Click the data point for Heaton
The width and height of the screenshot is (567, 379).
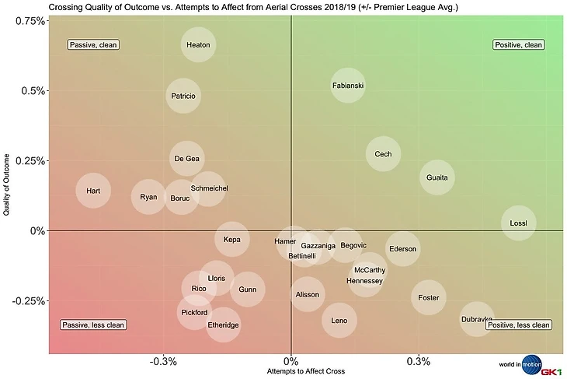pyautogui.click(x=199, y=45)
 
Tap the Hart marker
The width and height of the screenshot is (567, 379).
pyautogui.click(x=93, y=191)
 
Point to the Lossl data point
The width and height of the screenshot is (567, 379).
pyautogui.click(x=518, y=223)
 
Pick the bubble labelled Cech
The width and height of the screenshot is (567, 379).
pyautogui.click(x=384, y=154)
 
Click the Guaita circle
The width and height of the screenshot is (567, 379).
pyautogui.click(x=437, y=177)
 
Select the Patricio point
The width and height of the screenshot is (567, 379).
pyautogui.click(x=184, y=97)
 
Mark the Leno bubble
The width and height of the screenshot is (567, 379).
pyautogui.click(x=339, y=320)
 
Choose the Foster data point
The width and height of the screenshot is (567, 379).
pyautogui.click(x=429, y=298)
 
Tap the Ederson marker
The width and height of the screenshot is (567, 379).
pyautogui.click(x=403, y=249)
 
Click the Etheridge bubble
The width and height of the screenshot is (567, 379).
pyautogui.click(x=224, y=325)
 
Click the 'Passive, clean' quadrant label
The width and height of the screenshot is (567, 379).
pyautogui.click(x=93, y=45)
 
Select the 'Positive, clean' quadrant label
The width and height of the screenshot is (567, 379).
pyautogui.click(x=519, y=45)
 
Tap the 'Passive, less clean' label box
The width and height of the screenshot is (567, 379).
pyautogui.click(x=93, y=325)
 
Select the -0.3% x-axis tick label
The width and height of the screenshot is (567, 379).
pyautogui.click(x=163, y=361)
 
